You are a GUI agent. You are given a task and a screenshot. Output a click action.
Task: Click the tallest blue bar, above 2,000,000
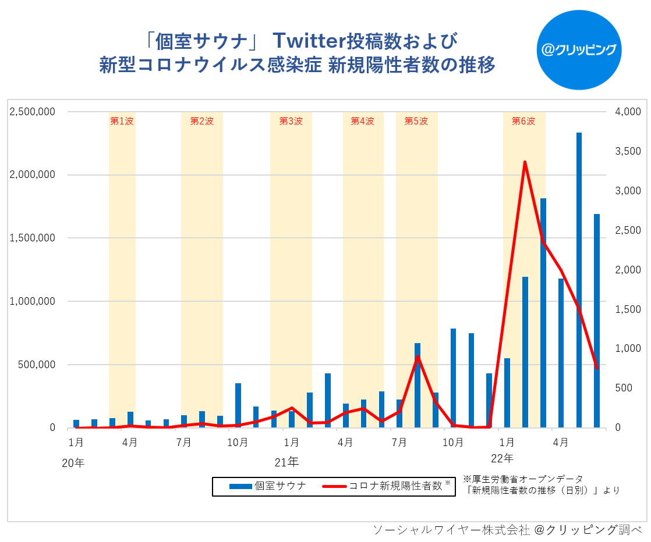click(579, 279)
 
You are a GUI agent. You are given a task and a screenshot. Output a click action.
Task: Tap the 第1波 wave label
click(122, 122)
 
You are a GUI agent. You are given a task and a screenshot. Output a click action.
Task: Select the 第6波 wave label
click(523, 122)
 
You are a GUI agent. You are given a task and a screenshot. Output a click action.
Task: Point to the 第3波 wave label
click(291, 122)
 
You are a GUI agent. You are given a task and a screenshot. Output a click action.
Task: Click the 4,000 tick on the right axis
click(628, 112)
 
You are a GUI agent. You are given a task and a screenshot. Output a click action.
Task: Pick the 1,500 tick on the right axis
click(628, 309)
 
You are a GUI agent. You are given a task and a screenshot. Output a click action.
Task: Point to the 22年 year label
click(502, 458)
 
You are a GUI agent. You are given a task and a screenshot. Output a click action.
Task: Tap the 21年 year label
click(286, 463)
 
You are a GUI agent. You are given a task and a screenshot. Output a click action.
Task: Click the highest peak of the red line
click(525, 162)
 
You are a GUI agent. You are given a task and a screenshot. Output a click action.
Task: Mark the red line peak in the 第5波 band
click(418, 356)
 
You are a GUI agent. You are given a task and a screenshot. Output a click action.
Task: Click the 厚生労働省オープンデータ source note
click(522, 479)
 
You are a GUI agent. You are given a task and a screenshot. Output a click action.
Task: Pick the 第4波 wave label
click(362, 122)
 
